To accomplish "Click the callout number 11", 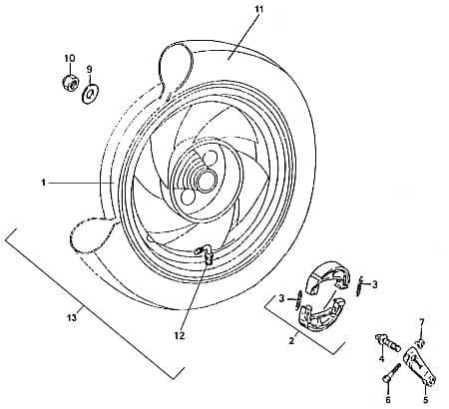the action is (259, 9).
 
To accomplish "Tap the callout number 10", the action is (70, 58).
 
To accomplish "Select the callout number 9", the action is (89, 69).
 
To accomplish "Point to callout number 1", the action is (43, 183).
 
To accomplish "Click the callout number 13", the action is (72, 318).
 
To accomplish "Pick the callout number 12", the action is (180, 336).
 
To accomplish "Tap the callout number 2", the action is (291, 340).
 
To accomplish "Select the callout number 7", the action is (422, 322).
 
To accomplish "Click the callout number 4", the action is (381, 359).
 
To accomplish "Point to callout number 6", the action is (388, 400).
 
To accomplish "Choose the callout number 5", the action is (426, 400).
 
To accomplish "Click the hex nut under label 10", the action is (70, 82).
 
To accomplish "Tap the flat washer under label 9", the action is (91, 93).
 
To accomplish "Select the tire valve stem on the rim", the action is (204, 253).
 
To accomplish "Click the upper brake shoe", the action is (329, 276).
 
